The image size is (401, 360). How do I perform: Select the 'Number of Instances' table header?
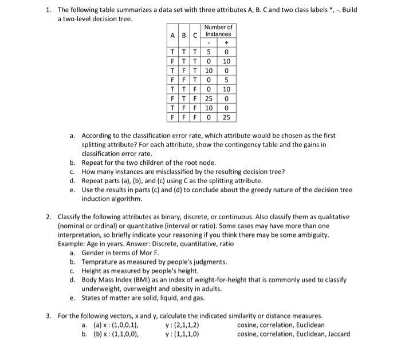[219, 30]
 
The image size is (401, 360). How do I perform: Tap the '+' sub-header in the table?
[227, 42]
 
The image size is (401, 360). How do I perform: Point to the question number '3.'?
[49, 316]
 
